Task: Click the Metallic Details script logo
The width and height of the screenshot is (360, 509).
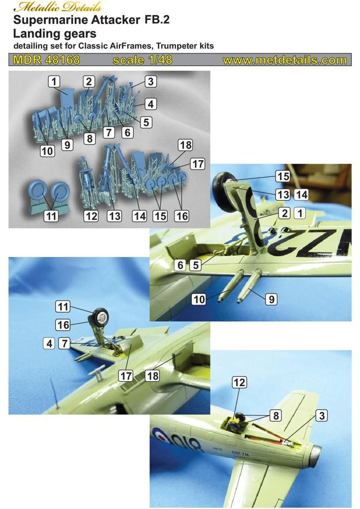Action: point(57,7)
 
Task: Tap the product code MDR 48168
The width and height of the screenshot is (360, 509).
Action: point(46,60)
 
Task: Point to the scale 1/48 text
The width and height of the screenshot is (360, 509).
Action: point(143,60)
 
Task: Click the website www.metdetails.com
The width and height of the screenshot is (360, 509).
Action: point(285,60)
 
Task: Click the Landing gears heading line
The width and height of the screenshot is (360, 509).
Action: point(55,33)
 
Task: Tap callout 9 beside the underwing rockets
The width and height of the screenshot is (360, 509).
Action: point(271,299)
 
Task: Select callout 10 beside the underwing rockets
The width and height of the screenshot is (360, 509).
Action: point(199,299)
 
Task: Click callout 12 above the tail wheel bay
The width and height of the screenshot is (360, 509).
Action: point(239,382)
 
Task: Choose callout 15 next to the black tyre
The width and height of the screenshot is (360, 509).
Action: point(283,176)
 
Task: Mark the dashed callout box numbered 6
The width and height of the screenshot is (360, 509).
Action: point(180,265)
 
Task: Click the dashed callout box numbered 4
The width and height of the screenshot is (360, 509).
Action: point(49,343)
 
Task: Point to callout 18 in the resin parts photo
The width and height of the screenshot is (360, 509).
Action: point(185,145)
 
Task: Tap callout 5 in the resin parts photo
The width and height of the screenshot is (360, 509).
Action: point(146,122)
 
